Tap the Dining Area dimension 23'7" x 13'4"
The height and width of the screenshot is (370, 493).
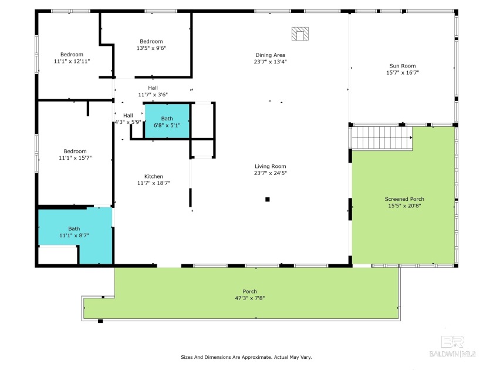click(270, 62)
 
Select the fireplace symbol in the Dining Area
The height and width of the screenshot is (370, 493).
click(300, 33)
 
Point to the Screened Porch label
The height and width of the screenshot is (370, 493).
click(404, 199)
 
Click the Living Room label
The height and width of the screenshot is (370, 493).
click(270, 166)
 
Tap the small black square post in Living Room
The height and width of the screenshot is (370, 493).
click(268, 199)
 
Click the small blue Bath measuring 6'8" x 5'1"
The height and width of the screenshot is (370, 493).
click(167, 122)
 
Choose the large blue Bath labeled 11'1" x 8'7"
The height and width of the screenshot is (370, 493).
click(74, 233)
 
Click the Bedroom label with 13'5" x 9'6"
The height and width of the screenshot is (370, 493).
click(151, 41)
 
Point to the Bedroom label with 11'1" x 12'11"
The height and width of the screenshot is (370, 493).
click(72, 55)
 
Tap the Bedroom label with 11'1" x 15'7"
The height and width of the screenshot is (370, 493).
click(75, 151)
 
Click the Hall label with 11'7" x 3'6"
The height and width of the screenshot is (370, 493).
click(153, 88)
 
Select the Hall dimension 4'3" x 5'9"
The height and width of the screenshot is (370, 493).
click(127, 122)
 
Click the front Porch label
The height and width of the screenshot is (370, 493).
click(249, 291)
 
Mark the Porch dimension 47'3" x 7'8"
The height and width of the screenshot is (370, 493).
click(249, 298)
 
